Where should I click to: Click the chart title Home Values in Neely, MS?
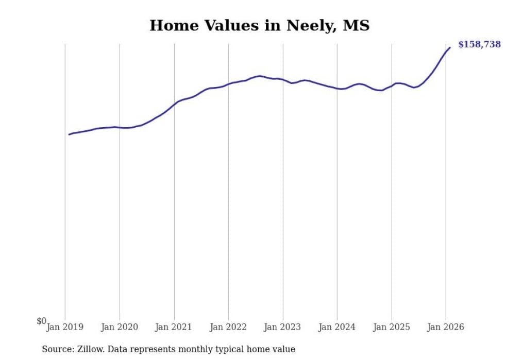(259, 25)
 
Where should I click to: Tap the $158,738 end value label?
(479, 44)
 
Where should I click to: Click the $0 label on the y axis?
(41, 321)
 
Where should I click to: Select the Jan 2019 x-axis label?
(65, 327)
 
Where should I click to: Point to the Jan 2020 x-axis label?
(120, 327)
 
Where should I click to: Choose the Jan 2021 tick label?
(174, 327)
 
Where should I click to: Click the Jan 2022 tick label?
(228, 327)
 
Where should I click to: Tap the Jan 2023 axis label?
(283, 327)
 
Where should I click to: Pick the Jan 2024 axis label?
(337, 327)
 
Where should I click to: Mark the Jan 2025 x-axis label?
(392, 327)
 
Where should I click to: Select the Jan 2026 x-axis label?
(446, 327)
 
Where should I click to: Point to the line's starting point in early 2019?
(69, 134)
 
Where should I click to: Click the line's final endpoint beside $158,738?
(450, 47)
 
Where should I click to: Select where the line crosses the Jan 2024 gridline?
(337, 89)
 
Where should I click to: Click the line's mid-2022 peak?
(259, 76)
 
